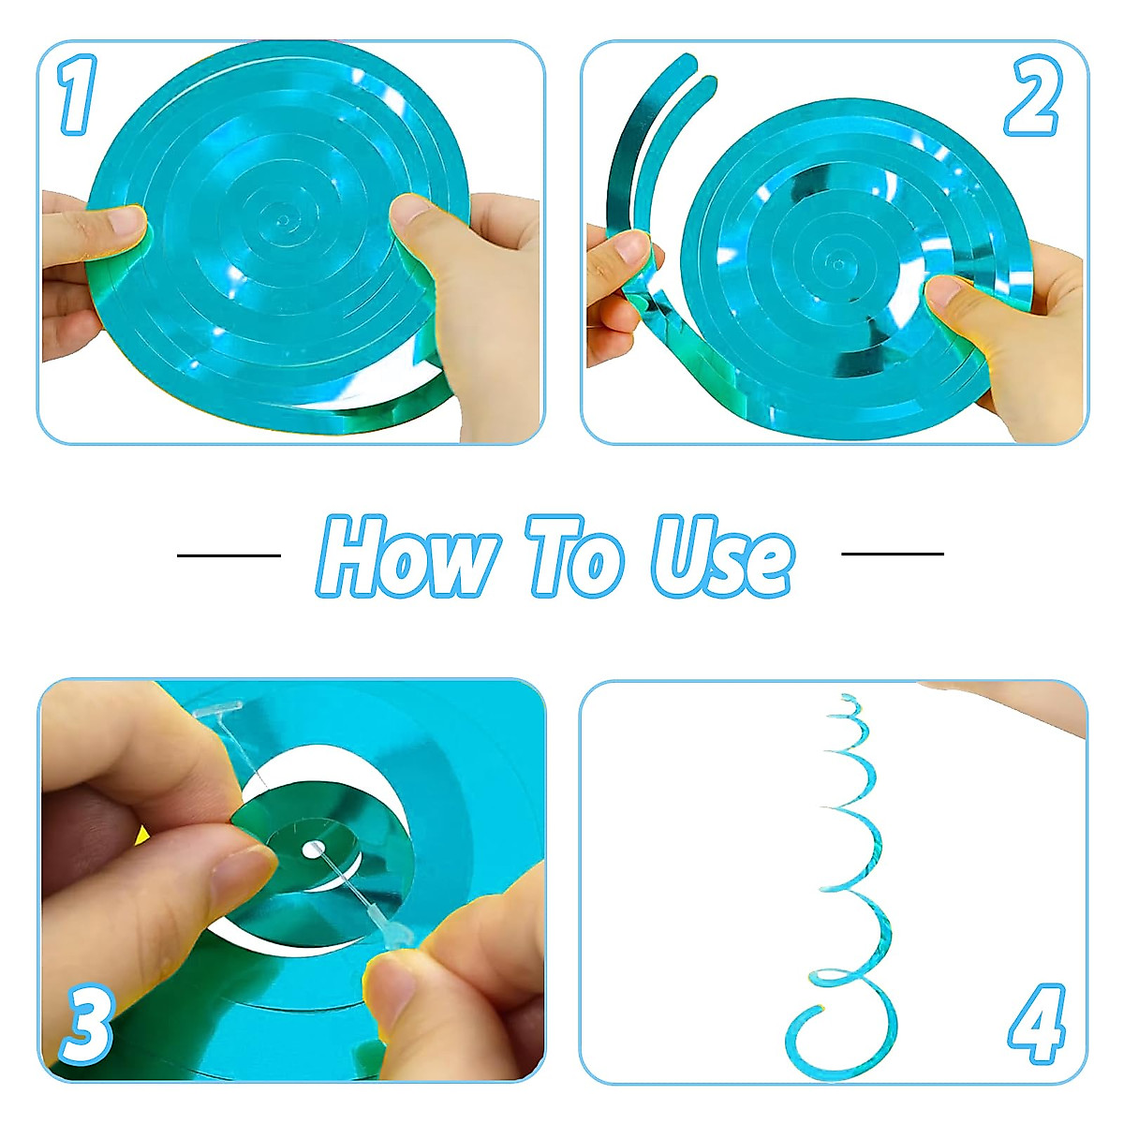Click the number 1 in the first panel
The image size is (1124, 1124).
[78, 95]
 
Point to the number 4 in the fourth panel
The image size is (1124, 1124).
[1037, 1022]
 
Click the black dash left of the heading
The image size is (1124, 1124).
[229, 555]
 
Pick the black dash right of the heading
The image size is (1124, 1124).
[893, 554]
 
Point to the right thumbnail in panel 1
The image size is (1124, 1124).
[408, 209]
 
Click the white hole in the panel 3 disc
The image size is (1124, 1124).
[311, 850]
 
